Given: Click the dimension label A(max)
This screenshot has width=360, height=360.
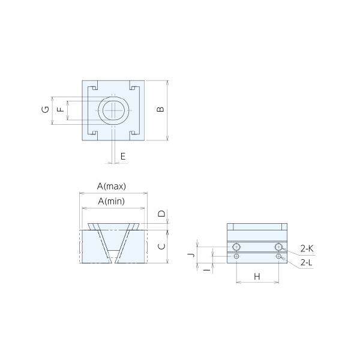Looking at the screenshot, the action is [112, 186].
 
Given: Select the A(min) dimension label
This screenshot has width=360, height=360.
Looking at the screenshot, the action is [112, 202].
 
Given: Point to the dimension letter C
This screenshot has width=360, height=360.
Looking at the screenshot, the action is [161, 247].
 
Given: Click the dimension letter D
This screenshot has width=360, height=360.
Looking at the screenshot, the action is [162, 214].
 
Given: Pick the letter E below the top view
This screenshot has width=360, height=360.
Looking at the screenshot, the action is [123, 157].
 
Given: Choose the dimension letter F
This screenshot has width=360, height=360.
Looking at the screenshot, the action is [61, 109].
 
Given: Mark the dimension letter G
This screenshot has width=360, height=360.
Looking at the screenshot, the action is [46, 109].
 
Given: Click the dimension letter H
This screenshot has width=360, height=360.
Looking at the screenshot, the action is [257, 277].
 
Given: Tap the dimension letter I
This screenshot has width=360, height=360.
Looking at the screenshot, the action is [207, 270].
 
